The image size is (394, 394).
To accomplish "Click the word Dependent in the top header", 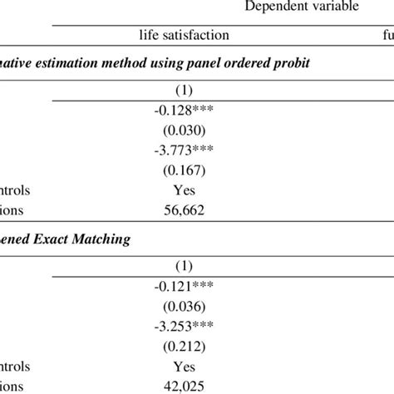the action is tap(270, 7).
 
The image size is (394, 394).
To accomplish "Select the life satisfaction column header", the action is tap(183, 36).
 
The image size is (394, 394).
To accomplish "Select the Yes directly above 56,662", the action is tap(184, 190).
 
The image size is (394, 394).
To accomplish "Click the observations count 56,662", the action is tap(184, 209).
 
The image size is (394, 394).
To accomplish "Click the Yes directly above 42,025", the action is tap(184, 367).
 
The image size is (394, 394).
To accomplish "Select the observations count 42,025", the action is tap(184, 385).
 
